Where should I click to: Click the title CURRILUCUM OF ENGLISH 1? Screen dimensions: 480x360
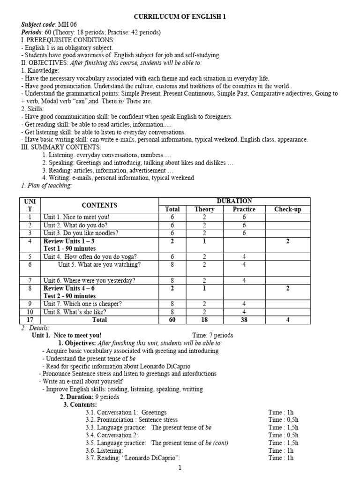tap(180, 17)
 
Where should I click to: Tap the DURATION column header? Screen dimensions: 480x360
tap(240, 201)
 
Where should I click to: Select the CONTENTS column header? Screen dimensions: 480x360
tap(99, 205)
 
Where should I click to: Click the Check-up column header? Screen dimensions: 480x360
tap(287, 210)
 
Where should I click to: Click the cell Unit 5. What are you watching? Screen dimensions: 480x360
tap(99, 264)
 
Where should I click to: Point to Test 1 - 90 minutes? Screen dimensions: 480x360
tap(69, 248)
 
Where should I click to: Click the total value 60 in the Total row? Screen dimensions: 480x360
tap(172, 320)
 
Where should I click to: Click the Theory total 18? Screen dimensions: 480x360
tap(204, 320)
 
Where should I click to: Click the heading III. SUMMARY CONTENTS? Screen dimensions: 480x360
tap(58, 147)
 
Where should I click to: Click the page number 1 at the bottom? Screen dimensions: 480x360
tap(180, 468)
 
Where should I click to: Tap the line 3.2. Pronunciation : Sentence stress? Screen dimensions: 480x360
tap(132, 420)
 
